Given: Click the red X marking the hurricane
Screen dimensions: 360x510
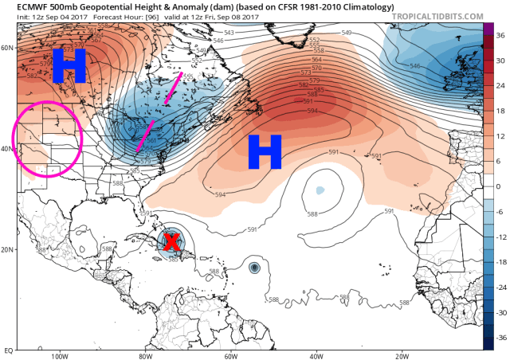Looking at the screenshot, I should pyautogui.click(x=171, y=242).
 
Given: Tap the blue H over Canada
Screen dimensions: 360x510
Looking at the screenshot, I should pyautogui.click(x=69, y=65).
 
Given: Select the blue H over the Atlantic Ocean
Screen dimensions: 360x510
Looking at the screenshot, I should pyautogui.click(x=265, y=151).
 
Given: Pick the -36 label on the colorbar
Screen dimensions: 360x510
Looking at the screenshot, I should pyautogui.click(x=497, y=337).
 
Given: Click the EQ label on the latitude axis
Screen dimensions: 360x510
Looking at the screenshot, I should pyautogui.click(x=8, y=350).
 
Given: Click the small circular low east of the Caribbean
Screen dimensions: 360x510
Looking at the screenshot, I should pyautogui.click(x=254, y=268).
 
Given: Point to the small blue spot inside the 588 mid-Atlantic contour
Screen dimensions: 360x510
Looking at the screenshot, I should pyautogui.click(x=320, y=191).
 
